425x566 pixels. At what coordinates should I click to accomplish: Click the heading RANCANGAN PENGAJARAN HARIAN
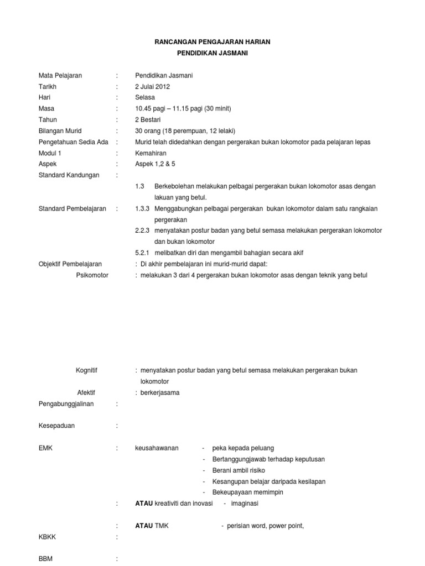212,42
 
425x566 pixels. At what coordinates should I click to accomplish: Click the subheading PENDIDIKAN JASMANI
212,53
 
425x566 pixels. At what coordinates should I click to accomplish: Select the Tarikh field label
48,87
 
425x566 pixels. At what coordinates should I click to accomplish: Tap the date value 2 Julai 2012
153,87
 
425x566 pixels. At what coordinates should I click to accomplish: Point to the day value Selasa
146,98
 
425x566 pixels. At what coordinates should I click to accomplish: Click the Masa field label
46,109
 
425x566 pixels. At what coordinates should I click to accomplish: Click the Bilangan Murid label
60,131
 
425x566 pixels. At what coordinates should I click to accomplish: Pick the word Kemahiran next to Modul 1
151,153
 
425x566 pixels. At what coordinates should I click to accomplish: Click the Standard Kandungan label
69,175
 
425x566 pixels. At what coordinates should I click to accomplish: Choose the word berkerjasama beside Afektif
160,392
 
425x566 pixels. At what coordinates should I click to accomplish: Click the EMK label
45,448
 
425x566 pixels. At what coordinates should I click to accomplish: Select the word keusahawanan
157,448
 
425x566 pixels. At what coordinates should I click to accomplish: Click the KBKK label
47,536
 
